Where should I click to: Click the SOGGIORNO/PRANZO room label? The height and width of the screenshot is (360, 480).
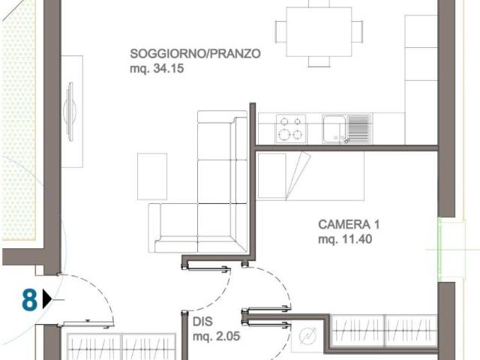tap(195, 54)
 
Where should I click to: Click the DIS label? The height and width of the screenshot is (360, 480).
tap(202, 322)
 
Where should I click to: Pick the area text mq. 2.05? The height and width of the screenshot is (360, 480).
tap(216, 337)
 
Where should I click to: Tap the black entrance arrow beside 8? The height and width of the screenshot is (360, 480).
tap(47, 300)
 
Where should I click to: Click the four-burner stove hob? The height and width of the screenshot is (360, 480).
tap(290, 128)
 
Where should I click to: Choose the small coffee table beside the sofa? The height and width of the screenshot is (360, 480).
tap(152, 176)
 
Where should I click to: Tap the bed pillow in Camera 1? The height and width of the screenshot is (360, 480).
tap(295, 175)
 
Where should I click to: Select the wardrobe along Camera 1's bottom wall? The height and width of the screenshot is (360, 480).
tap(383, 331)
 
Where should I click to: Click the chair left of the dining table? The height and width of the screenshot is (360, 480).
tap(280, 31)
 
